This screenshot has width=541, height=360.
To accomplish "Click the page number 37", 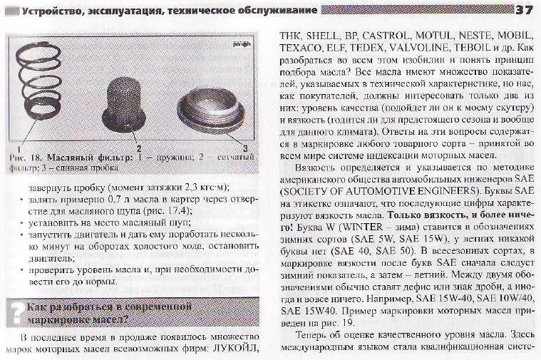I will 525,9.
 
